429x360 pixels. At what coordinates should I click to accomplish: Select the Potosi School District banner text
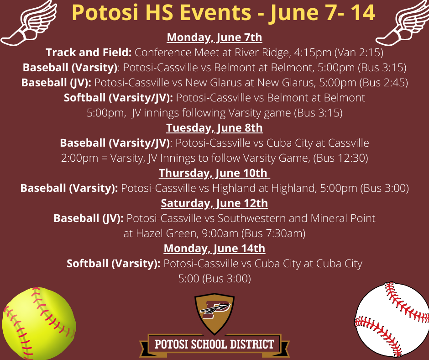tap(214, 344)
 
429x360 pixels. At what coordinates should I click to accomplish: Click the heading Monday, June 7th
tap(214, 37)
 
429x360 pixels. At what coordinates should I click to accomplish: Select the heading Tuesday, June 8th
tap(214, 127)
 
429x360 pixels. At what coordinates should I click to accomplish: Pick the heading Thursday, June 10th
tap(214, 173)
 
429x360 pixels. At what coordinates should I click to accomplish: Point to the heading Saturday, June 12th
tap(214, 203)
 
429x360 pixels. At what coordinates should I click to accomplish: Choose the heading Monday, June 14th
tap(214, 248)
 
